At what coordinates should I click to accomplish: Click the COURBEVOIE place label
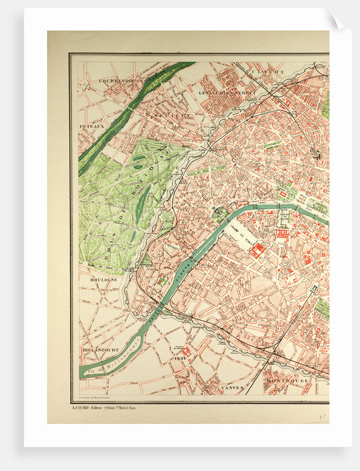(117, 80)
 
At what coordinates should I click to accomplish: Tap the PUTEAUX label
(91, 126)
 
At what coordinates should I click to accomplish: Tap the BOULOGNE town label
(104, 280)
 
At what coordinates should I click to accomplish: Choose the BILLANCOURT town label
(99, 350)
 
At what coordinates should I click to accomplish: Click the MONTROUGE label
(286, 381)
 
